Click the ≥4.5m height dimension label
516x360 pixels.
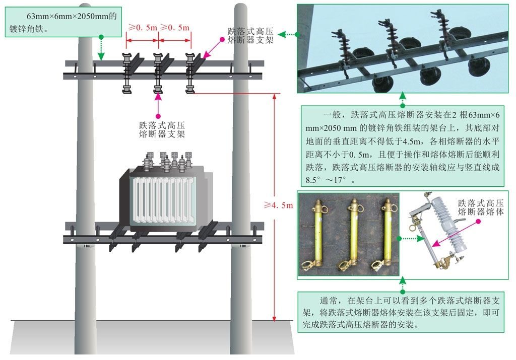point(278,205)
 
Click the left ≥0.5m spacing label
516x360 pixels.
point(143,28)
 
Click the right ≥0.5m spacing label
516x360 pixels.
point(175,28)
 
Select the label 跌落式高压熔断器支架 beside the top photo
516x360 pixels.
point(250,36)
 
